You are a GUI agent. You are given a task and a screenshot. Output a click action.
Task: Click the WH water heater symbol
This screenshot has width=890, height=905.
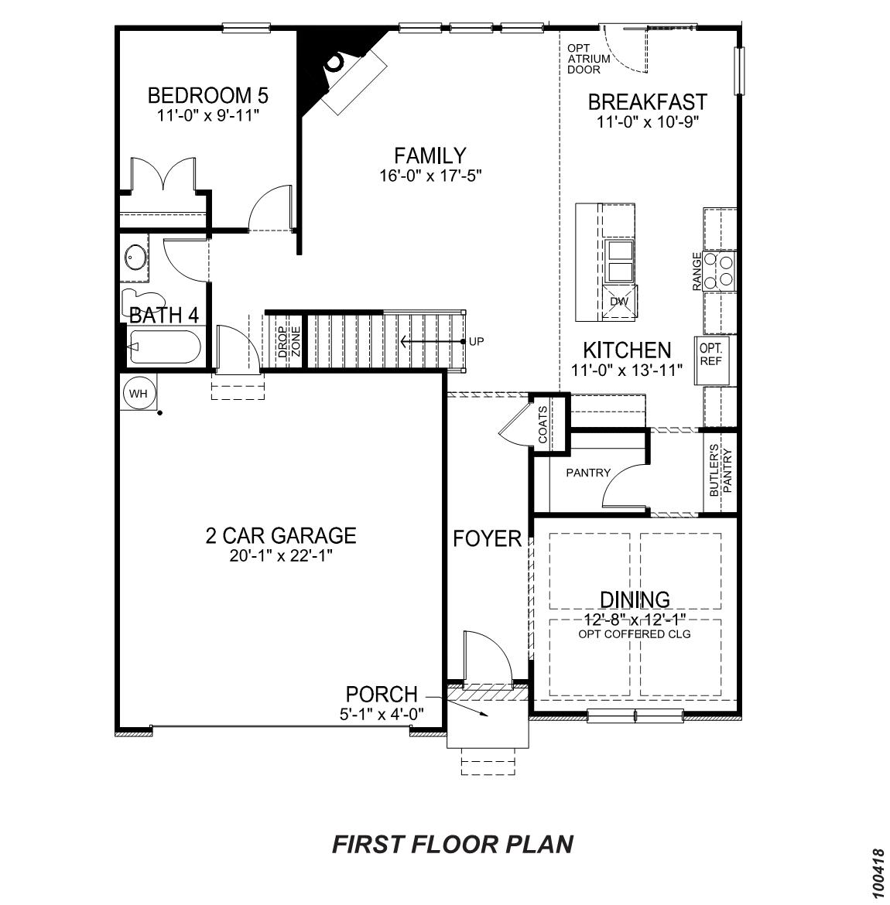tap(139, 394)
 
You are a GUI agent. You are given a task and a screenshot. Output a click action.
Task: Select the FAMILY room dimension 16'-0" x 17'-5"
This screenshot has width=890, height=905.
tap(430, 176)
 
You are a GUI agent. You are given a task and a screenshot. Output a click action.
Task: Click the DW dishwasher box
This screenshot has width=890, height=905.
tap(618, 302)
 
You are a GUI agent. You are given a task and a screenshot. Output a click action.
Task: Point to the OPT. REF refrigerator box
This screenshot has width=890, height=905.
tap(711, 354)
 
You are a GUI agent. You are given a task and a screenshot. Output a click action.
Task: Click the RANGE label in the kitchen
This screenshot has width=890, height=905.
tap(697, 271)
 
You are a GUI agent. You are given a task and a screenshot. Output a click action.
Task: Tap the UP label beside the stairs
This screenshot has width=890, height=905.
tap(476, 340)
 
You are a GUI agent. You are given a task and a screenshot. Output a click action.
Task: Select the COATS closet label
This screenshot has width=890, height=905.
tap(543, 425)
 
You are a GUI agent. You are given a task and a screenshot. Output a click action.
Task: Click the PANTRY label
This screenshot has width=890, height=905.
tap(587, 473)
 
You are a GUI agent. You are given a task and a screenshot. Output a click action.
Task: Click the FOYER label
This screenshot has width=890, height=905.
tap(487, 538)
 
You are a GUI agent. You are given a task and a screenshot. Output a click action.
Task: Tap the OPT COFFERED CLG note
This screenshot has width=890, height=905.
tap(634, 634)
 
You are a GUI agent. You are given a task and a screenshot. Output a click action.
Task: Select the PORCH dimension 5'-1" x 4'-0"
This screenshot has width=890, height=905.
tap(382, 715)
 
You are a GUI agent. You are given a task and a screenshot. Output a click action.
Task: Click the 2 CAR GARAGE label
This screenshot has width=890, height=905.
tap(280, 535)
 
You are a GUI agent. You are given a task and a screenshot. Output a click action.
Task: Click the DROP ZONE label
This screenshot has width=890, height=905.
tap(289, 341)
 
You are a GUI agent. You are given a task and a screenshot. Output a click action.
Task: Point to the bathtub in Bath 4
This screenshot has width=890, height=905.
tap(164, 347)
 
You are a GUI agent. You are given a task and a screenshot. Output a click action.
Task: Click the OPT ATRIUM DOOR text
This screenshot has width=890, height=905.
tap(588, 59)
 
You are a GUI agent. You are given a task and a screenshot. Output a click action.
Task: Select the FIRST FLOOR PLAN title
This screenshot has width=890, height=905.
tap(453, 844)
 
